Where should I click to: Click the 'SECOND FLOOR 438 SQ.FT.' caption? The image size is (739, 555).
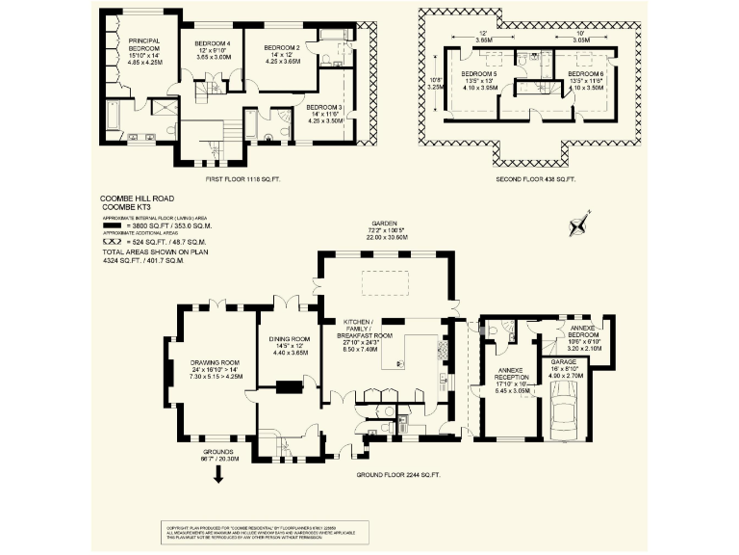tap(535, 179)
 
